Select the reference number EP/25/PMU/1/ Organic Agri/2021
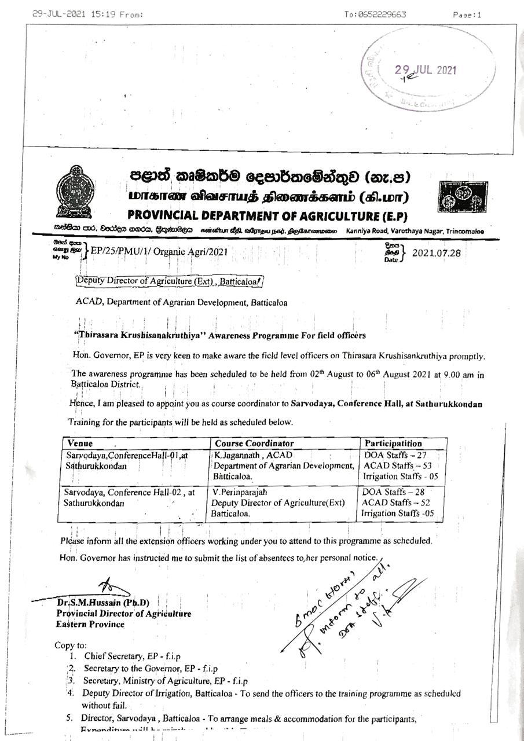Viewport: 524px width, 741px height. (155, 252)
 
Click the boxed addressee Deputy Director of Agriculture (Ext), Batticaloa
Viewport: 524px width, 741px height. (170, 283)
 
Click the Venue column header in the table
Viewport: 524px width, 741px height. (80, 443)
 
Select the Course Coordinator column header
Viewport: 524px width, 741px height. (254, 443)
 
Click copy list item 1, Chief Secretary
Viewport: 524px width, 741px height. (132, 656)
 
